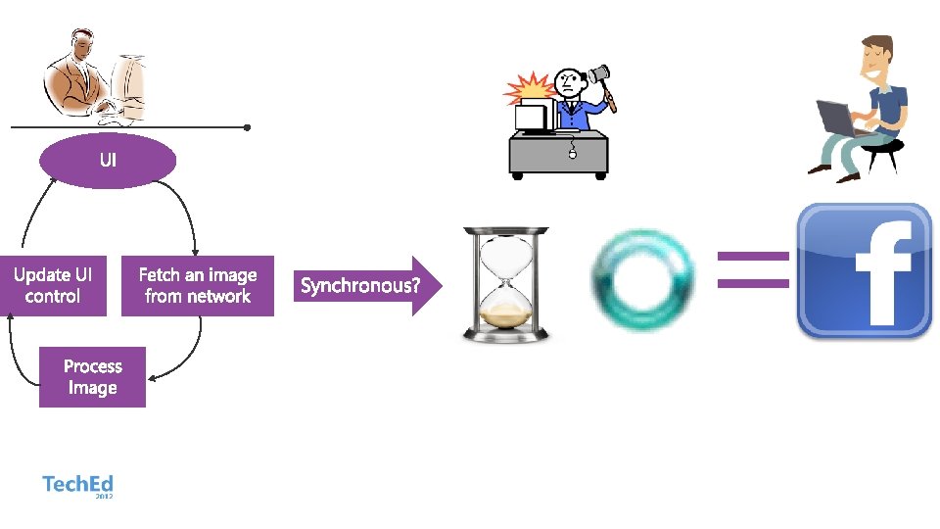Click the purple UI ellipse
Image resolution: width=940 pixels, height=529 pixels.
108,160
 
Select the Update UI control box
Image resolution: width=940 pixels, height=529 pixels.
54,286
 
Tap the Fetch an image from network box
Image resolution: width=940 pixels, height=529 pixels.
198,286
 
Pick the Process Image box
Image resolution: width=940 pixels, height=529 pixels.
92,377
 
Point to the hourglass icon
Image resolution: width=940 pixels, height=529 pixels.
505,284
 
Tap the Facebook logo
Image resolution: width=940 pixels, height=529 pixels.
865,271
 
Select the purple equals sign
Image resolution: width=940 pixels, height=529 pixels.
753,269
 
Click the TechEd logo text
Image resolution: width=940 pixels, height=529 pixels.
77,484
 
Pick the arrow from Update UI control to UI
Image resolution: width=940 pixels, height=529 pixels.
31,216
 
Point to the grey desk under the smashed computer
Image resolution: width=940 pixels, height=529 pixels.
558,154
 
